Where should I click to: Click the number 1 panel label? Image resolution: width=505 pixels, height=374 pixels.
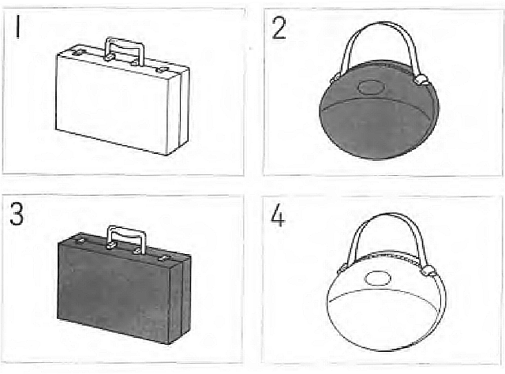[18, 28]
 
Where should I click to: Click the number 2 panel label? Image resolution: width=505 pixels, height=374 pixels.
[279, 28]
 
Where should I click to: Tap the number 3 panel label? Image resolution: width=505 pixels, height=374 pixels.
[17, 214]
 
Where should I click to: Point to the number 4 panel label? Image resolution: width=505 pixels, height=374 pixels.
[278, 215]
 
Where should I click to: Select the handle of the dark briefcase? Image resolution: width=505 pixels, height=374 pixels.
[126, 230]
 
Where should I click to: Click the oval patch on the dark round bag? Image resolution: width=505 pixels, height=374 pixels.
[371, 87]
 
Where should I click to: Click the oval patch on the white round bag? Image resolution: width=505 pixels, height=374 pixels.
[377, 278]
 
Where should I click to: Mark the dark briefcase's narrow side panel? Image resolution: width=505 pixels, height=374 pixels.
[180, 301]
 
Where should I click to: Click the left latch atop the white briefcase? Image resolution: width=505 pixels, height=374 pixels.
[78, 52]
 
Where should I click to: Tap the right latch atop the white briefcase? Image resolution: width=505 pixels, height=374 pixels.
[162, 69]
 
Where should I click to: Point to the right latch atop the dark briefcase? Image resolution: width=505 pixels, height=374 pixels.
[164, 258]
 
